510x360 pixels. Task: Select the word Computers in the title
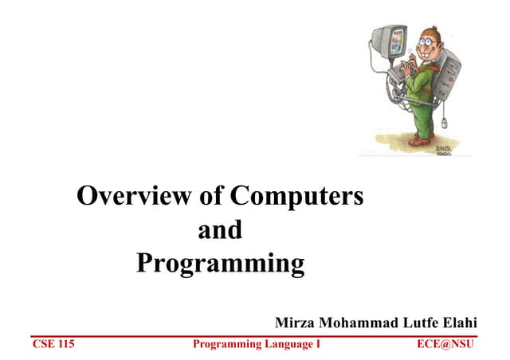[x=296, y=196]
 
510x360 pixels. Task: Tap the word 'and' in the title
[x=219, y=230]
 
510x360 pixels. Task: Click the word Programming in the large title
[x=220, y=264]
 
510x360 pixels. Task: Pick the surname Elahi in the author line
[x=457, y=323]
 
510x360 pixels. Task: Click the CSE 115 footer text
[x=53, y=345]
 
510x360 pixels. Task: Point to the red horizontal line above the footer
[x=255, y=335]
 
